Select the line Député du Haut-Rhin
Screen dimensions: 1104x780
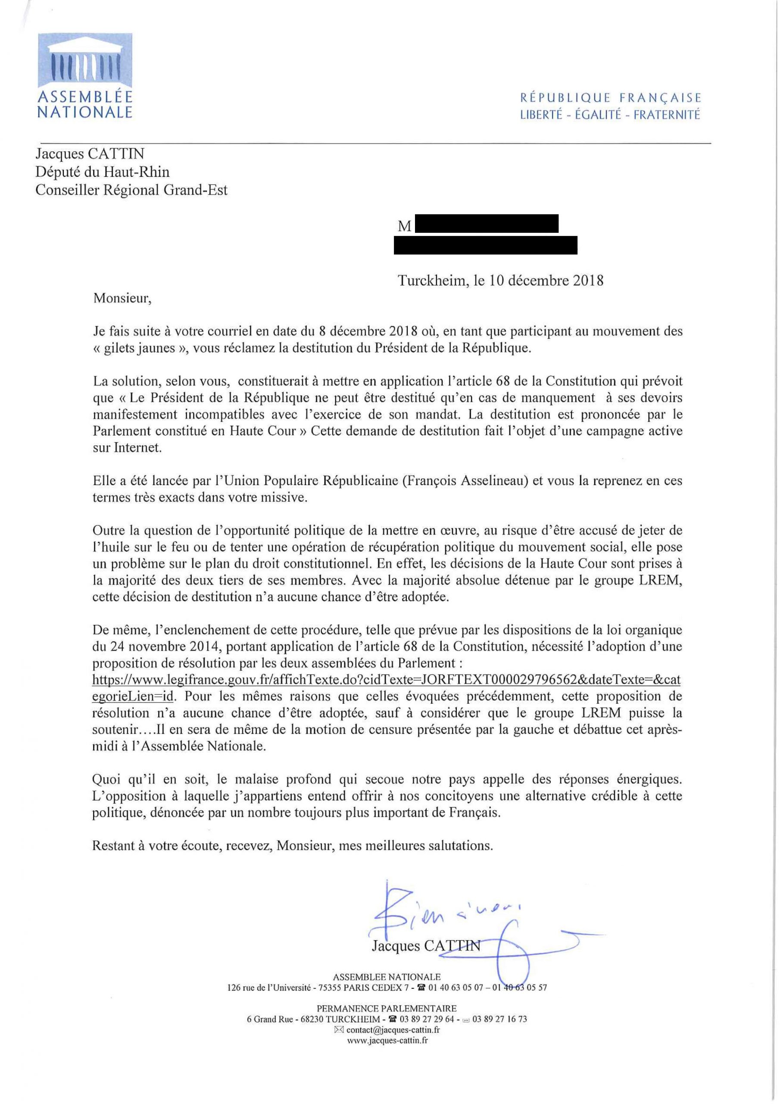click(103, 172)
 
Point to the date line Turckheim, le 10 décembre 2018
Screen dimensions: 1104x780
click(500, 281)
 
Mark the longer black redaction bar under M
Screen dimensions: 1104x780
click(485, 245)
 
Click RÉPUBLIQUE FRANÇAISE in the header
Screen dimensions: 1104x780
click(610, 98)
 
